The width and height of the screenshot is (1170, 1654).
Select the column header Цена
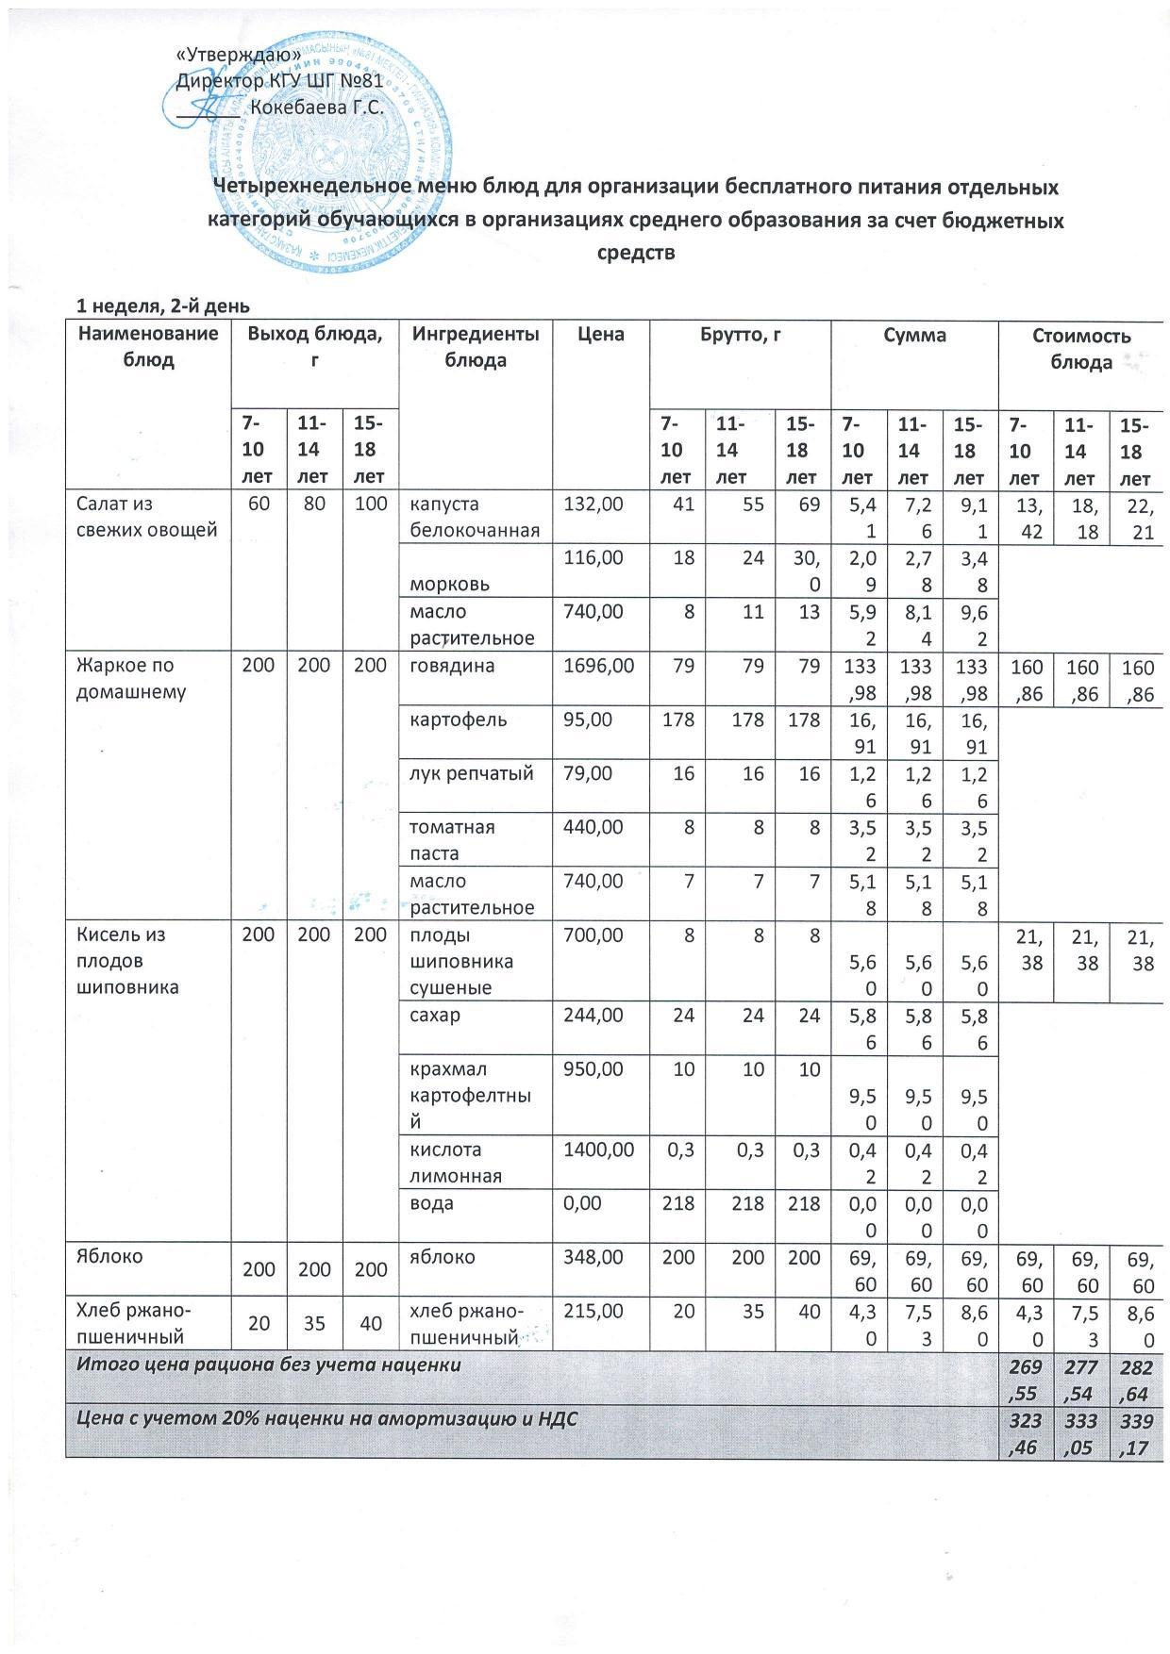(601, 335)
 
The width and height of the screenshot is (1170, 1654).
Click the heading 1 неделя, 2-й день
(162, 306)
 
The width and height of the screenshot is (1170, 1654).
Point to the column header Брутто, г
(740, 335)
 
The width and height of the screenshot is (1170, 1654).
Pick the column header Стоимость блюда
(1080, 348)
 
